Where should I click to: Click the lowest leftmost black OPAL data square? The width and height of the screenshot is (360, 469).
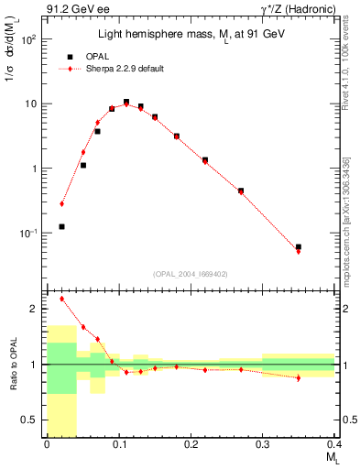pos(61,226)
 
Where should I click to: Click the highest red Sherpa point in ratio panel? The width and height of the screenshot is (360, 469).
pos(61,299)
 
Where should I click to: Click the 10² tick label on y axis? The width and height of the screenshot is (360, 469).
pos(30,40)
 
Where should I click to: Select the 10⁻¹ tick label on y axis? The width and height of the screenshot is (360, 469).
pos(30,234)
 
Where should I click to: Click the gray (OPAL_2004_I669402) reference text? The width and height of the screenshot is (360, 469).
pos(191,273)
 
